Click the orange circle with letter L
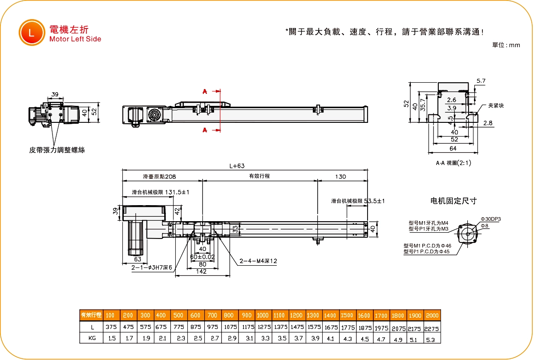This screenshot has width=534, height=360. pos(31,33)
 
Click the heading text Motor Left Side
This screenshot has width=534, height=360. pos(75,39)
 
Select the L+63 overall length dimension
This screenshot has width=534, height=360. pos(237,166)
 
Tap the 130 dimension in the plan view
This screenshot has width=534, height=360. pos(340,177)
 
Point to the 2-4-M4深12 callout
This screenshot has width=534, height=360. pos(258,261)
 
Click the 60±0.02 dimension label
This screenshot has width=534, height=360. pos(202,257)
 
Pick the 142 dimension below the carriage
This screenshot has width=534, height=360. pos(201,271)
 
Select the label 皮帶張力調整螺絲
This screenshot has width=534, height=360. pos(57,150)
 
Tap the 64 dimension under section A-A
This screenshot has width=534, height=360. pos(453,148)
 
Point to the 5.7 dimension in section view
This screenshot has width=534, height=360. pos(481,81)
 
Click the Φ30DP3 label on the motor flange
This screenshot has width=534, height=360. pos(491,219)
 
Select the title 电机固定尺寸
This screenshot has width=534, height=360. pos(453,201)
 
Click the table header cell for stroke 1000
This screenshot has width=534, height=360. pos(263,316)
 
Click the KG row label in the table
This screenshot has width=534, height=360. pos(92,339)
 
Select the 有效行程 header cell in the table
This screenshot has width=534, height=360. pos(91,316)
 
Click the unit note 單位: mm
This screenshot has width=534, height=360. pos(506,45)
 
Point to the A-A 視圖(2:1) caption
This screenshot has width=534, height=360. pos(453,163)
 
